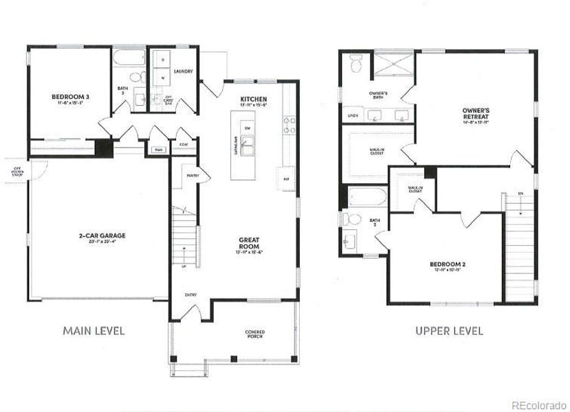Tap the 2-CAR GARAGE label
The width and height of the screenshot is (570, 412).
click(102, 237)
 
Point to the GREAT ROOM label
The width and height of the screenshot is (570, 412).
click(248, 244)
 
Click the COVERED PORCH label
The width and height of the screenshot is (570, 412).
click(254, 334)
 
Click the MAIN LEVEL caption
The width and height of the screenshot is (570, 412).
click(94, 331)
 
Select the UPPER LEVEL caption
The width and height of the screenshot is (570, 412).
click(449, 331)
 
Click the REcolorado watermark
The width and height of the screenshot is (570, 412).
click(539, 404)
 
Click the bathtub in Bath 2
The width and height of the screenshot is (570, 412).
click(365, 198)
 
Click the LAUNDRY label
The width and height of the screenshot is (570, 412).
click(183, 71)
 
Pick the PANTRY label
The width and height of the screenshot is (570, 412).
click(192, 176)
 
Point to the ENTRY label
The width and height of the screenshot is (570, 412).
click(190, 295)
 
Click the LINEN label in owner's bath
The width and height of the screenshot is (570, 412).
click(353, 115)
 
